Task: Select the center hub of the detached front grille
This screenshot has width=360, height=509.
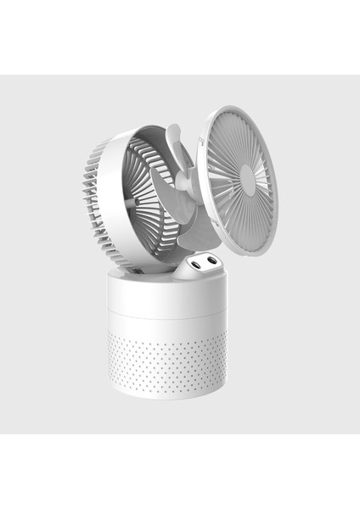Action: pos(247,178)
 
